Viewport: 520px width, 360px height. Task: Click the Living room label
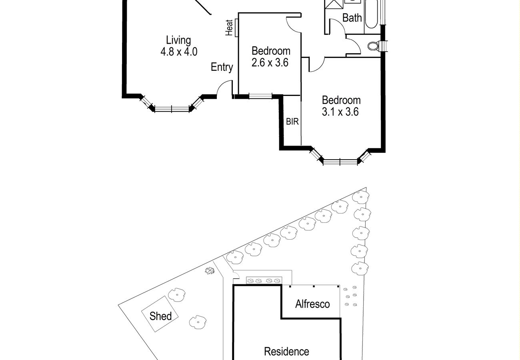178,40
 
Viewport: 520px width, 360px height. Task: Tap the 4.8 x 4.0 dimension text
178,52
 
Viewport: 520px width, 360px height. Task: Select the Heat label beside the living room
230,28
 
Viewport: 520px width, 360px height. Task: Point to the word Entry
222,67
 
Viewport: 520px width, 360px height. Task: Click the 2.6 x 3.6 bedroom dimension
270,63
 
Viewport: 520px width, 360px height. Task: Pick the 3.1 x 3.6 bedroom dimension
341,112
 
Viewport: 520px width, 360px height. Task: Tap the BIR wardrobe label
292,122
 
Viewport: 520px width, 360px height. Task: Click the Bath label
352,18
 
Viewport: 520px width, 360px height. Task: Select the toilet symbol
373,46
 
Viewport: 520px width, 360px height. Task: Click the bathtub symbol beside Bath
371,14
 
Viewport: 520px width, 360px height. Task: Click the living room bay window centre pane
172,108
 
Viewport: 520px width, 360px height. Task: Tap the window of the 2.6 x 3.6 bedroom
260,96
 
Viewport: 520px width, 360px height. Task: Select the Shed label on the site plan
160,316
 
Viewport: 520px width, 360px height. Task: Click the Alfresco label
312,304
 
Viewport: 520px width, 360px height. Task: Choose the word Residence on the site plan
286,352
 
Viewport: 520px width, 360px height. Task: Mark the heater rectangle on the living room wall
236,28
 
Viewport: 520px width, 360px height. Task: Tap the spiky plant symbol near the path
210,271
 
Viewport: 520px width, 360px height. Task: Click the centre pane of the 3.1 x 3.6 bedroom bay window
340,162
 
